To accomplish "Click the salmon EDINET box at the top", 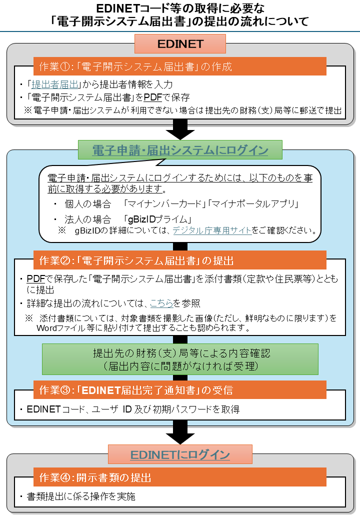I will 180,43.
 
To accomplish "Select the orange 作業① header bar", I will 180,66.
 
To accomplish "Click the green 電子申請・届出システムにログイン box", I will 180,150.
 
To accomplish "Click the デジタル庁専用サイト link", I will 211,230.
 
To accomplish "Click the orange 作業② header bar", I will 180,260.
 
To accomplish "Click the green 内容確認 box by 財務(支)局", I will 180,359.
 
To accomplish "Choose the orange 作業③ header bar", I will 180,389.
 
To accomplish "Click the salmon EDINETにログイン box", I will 180,455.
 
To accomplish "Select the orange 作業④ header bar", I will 180,477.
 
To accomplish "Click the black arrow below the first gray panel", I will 180,130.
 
